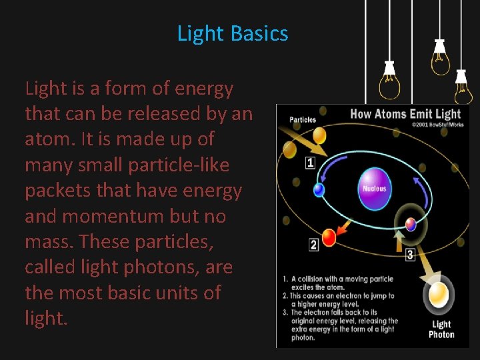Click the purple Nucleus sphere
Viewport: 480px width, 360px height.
[374, 188]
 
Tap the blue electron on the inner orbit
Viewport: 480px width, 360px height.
[319, 190]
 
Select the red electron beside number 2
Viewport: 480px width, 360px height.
[329, 237]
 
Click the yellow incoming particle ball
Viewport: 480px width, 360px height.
[319, 135]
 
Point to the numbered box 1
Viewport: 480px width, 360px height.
[310, 163]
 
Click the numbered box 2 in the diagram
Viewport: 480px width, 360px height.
[313, 245]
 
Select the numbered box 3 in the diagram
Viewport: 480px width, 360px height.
[410, 254]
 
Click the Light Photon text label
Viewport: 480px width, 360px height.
[441, 329]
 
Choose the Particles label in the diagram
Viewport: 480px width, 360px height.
[303, 120]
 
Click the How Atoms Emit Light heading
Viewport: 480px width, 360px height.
[406, 113]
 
